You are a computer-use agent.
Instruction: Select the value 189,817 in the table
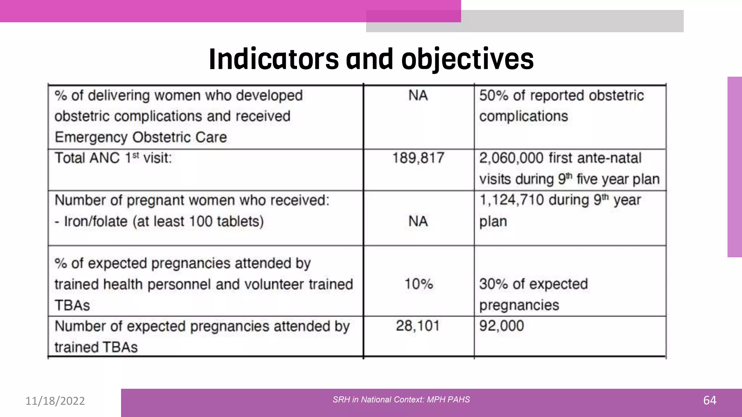tap(418, 158)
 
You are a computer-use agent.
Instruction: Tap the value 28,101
tap(417, 326)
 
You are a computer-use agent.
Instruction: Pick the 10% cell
tap(418, 284)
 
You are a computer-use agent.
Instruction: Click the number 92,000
tap(501, 326)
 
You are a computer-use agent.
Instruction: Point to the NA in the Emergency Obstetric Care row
tap(418, 96)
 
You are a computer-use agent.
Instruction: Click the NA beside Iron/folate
tap(418, 221)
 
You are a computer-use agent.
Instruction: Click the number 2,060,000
tap(511, 158)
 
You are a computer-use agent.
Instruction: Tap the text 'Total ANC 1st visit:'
tap(113, 158)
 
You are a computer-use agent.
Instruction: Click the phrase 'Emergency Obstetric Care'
tap(141, 137)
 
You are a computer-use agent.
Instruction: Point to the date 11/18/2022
tap(55, 401)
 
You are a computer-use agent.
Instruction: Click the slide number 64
tap(709, 400)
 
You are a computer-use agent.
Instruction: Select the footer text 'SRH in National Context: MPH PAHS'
tap(401, 400)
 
